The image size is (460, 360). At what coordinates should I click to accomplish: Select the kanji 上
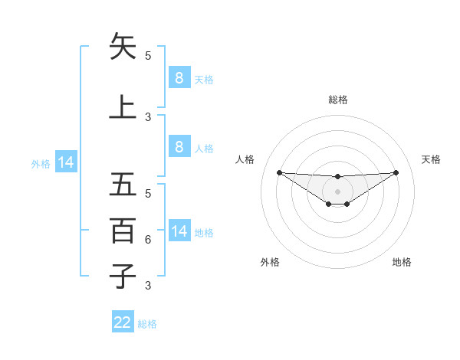pos(123,106)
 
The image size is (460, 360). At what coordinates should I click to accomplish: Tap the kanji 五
pos(123,185)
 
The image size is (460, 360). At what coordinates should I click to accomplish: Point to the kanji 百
pos(123,231)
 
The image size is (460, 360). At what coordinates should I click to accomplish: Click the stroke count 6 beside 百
pos(148,240)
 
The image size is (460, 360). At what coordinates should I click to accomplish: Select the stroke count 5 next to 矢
pos(148,55)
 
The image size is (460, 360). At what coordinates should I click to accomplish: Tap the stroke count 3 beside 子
pos(148,286)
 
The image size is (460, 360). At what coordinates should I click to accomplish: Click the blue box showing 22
pos(123,322)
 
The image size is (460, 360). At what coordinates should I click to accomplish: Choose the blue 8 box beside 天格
pos(179,78)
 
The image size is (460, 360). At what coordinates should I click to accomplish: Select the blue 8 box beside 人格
pos(179,147)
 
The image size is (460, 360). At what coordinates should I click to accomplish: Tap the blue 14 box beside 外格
pos(65,162)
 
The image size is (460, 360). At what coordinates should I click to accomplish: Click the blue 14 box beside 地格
pos(179,231)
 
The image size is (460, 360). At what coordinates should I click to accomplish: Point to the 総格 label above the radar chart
pos(337,100)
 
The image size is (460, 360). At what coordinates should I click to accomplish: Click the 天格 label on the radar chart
pos(431,159)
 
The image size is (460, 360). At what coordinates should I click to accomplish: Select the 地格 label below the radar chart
pos(402,262)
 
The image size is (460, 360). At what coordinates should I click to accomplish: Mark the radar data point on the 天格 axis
pos(396,172)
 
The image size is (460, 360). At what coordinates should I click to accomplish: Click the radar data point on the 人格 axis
pos(279,172)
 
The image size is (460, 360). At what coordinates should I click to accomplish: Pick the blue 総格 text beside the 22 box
pos(148,324)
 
